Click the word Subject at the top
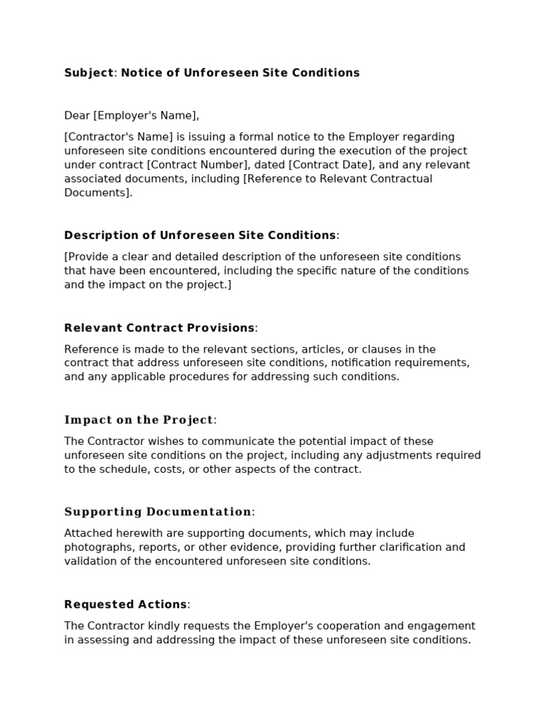coord(89,73)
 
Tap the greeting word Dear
coord(77,115)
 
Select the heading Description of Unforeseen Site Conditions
coord(200,235)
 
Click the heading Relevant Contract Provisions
coord(159,328)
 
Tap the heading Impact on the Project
coord(139,419)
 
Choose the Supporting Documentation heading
coord(158,512)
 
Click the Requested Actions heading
coord(125,604)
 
